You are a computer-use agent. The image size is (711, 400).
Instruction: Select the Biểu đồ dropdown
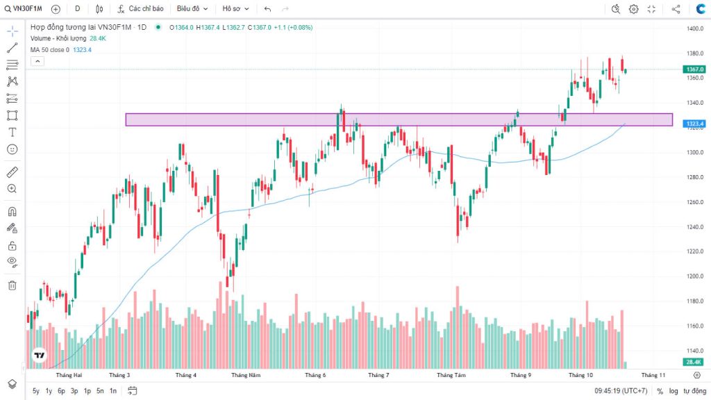(x=191, y=9)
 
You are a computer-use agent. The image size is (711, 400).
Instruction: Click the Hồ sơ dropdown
(x=234, y=9)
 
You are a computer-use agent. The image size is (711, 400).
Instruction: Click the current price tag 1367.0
(x=694, y=69)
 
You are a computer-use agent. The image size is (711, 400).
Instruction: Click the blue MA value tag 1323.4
(x=694, y=124)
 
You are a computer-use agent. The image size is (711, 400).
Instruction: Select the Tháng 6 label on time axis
(x=315, y=375)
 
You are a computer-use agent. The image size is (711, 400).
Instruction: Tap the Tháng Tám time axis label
(x=451, y=375)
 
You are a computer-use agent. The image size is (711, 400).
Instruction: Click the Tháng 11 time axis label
(x=653, y=375)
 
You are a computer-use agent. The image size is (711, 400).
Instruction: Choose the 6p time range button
(x=61, y=391)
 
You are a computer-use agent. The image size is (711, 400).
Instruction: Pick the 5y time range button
(x=36, y=391)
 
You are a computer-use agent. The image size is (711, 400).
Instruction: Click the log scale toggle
(x=674, y=391)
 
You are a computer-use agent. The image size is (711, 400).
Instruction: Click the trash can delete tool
(x=12, y=285)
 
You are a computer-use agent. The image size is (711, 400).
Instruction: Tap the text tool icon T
(x=12, y=132)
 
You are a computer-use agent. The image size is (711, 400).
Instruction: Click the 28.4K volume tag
(x=694, y=362)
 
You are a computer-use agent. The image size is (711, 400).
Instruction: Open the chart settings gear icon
(x=634, y=9)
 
